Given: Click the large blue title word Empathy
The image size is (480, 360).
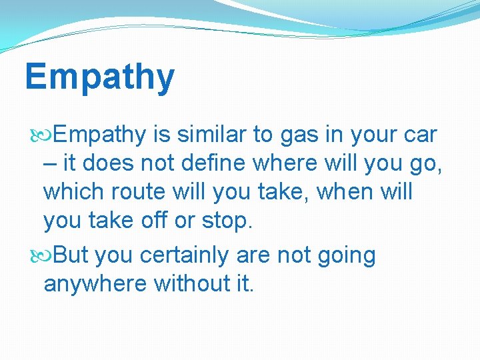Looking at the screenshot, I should coord(99,77).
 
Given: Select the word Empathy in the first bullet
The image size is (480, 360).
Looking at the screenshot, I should coord(99,135).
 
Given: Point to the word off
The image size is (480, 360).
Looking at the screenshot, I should coord(153,221).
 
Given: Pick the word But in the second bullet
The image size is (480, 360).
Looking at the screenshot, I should coord(71,255).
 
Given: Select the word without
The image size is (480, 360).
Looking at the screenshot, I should coord(191,283).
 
